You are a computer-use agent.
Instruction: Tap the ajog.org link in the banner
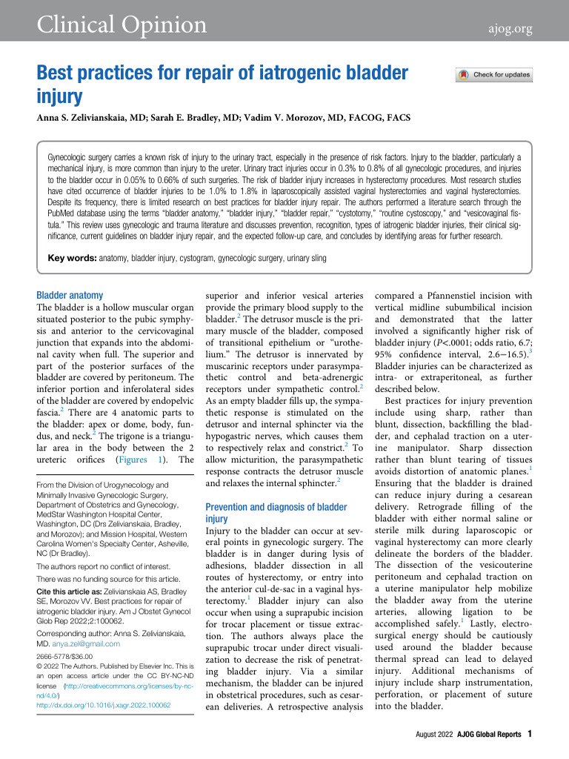(x=510, y=29)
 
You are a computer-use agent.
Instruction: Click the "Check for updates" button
(x=494, y=75)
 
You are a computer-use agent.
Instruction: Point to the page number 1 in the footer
(x=530, y=735)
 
